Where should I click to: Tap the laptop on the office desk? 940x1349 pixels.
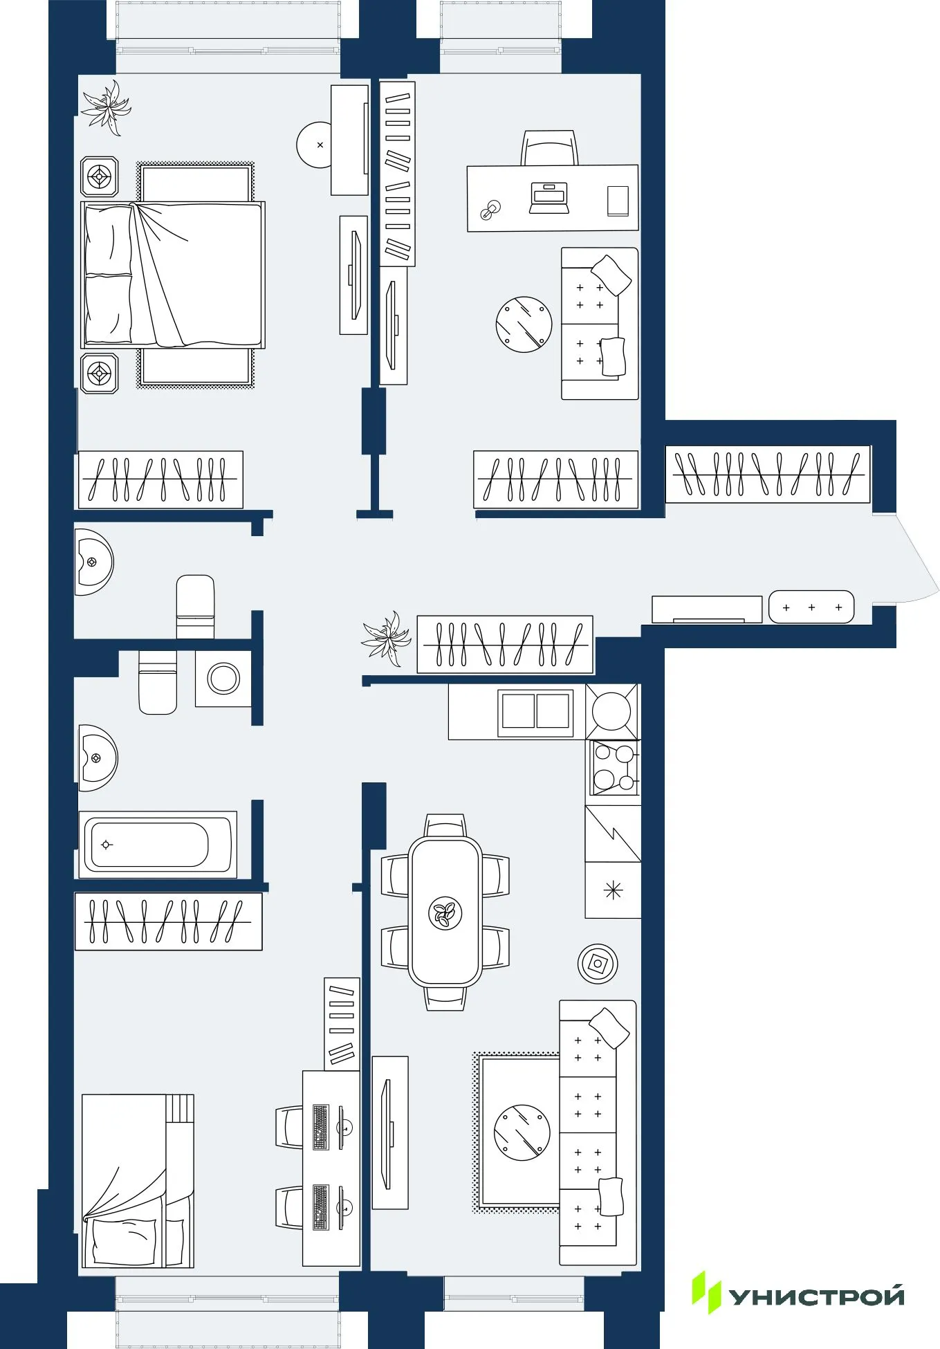tap(549, 197)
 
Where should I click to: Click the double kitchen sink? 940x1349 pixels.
tap(535, 711)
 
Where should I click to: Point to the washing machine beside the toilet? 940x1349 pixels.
tap(223, 678)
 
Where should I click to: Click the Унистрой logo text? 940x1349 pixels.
tap(816, 1297)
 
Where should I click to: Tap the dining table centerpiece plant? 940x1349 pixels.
tap(445, 913)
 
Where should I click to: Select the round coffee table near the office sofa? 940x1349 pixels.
tap(524, 324)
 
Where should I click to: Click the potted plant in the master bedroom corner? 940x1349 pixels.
tap(107, 107)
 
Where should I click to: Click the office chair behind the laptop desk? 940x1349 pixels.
tap(549, 147)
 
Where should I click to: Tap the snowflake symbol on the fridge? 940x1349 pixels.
tap(613, 890)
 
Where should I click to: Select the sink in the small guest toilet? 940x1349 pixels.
tap(93, 562)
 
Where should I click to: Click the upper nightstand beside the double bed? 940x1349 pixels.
tap(100, 177)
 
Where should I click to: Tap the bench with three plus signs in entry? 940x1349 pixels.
tap(811, 607)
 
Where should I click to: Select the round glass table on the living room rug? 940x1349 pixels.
tap(522, 1132)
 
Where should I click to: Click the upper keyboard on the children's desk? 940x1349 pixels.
tap(320, 1127)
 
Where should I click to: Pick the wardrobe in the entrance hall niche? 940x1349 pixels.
tap(767, 475)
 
